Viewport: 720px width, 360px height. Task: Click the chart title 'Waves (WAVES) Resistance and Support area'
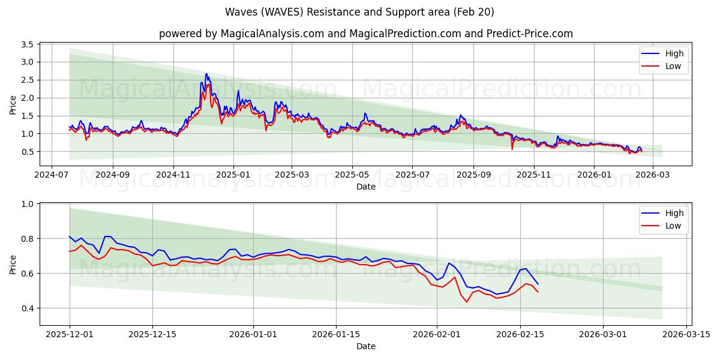[x=360, y=12]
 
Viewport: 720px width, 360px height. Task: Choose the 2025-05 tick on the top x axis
[x=352, y=175]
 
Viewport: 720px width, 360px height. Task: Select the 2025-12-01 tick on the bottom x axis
[x=70, y=334]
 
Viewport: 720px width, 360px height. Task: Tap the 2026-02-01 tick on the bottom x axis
[x=436, y=334]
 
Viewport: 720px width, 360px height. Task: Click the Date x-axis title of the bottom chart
[x=366, y=346]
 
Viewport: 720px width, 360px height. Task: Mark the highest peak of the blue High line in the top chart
[x=206, y=74]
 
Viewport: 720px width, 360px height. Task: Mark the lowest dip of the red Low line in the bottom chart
[x=466, y=302]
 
